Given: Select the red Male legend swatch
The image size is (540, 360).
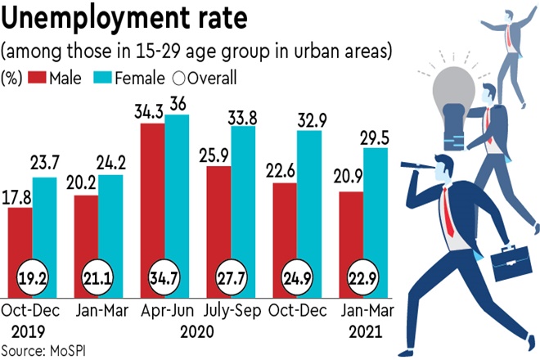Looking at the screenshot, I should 36,79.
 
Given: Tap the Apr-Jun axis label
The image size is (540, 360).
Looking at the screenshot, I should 166,312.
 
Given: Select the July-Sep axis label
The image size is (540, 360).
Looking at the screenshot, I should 232,312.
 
